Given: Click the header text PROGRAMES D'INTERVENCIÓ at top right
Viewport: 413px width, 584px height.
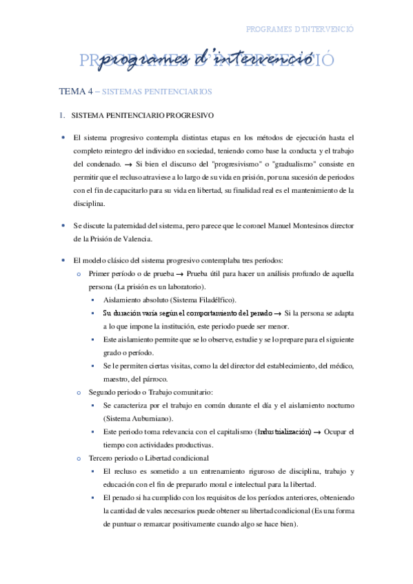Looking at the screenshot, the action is [x=299, y=29].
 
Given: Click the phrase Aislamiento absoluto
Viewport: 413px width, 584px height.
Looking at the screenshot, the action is [x=135, y=300].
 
